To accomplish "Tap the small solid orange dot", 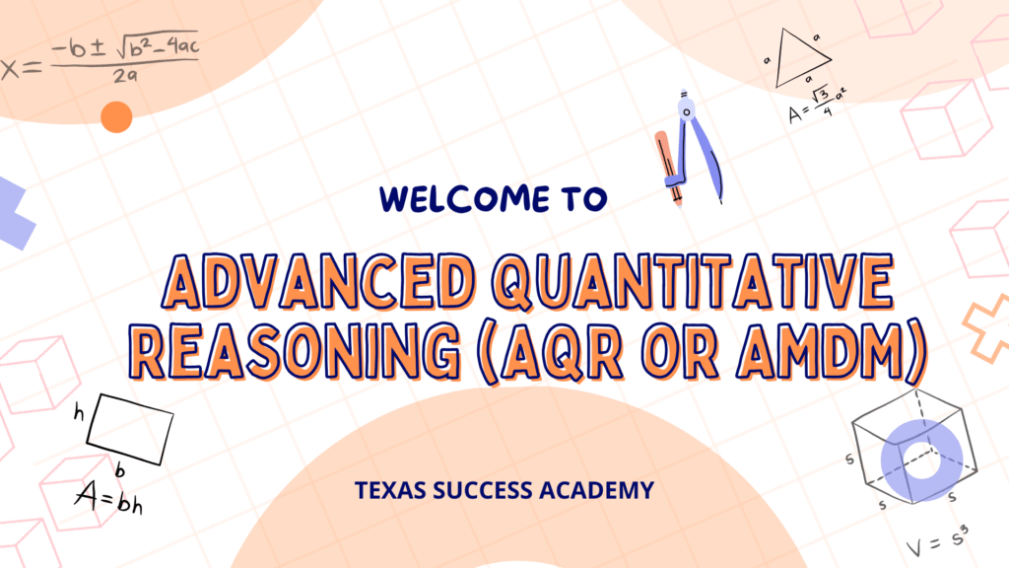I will click(x=116, y=117).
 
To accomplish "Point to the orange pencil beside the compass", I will click(x=670, y=163).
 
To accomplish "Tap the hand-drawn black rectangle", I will click(x=130, y=423).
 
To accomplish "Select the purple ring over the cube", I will click(x=922, y=460).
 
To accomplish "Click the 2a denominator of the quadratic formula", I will click(x=122, y=76).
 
